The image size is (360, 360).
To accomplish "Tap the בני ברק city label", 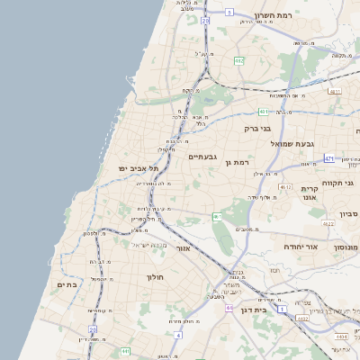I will click(x=257, y=129).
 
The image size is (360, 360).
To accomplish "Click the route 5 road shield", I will click(x=229, y=13).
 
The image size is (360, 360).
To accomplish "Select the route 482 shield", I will click(x=238, y=60).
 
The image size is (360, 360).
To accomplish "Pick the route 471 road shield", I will click(x=328, y=158).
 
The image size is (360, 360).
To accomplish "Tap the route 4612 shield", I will click(x=286, y=187).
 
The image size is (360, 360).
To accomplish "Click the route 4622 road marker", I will click(x=328, y=224).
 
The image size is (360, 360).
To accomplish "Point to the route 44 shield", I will click(x=229, y=309).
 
